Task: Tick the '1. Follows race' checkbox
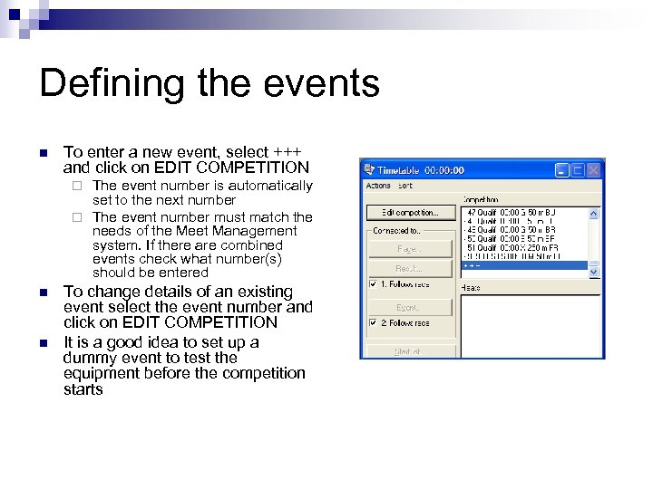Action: point(373,283)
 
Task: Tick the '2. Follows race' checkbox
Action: point(373,323)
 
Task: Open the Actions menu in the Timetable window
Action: point(378,186)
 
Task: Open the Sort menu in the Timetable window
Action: point(405,186)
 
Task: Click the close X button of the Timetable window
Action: point(593,169)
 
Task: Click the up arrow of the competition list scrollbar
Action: point(594,213)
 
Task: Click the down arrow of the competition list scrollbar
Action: point(594,271)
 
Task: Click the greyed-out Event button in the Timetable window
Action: point(409,308)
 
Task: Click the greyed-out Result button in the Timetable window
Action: point(409,268)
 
